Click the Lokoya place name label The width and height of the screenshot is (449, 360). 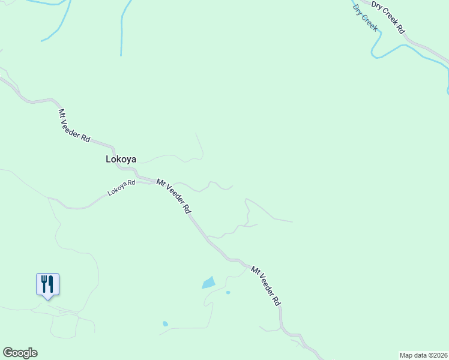click(x=121, y=160)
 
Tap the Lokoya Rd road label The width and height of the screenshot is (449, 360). click(x=121, y=188)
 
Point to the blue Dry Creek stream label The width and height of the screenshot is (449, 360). click(x=365, y=18)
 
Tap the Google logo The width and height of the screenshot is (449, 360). click(x=20, y=353)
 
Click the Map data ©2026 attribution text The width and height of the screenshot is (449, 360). click(x=423, y=355)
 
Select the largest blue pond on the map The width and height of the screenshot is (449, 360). click(x=208, y=282)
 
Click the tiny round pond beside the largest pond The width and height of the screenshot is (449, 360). click(x=228, y=293)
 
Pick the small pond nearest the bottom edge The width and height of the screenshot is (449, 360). click(x=165, y=324)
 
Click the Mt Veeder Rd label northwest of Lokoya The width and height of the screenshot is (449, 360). click(x=74, y=125)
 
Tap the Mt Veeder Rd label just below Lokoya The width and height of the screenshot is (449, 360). click(x=173, y=196)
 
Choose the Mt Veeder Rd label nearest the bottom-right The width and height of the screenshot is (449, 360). click(x=266, y=287)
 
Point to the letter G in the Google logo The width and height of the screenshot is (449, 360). click(x=8, y=353)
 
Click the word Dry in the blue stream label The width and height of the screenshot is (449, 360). click(x=358, y=10)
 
